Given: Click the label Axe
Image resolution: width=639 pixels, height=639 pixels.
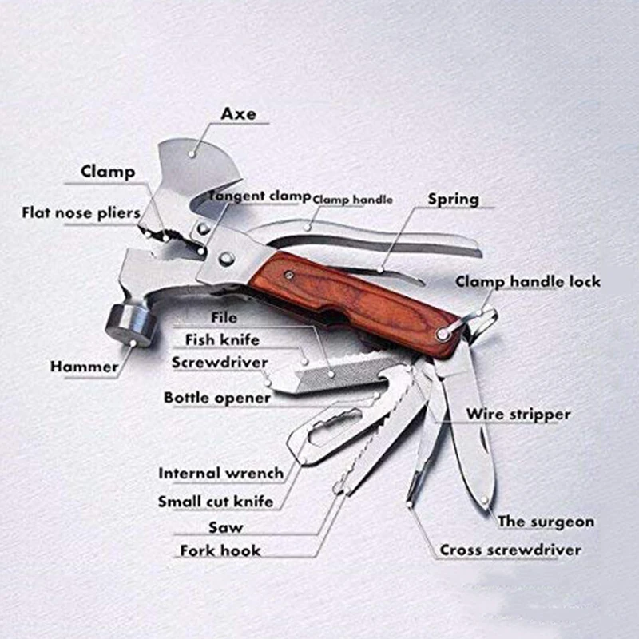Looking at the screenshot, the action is coord(238,113).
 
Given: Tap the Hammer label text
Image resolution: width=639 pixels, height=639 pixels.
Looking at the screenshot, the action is coord(84,367).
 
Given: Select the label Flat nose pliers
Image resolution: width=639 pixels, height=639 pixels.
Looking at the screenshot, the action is coord(81,212).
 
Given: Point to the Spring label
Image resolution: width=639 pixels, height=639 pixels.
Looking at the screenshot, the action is coord(453,200).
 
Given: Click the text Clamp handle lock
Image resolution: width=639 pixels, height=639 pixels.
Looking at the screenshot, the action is coord(528,282).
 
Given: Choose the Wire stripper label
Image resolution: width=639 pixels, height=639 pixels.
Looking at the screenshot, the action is coord(518,414).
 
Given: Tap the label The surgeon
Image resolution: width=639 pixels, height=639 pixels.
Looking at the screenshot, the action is coord(546,522).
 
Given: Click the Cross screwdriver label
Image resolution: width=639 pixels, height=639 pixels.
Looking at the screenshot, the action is coord(510,550).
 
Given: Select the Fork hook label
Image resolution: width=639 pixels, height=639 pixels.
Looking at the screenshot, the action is coord(220,550).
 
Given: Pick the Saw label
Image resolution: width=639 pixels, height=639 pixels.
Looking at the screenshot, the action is coord(226,527).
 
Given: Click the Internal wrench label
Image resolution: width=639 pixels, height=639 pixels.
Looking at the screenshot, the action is coord(221,473).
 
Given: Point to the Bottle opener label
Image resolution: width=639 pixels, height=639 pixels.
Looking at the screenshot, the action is coord(217,398).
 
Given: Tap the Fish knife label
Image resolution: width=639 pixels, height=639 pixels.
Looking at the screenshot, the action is coord(222,339).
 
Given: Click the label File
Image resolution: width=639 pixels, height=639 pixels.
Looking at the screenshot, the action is coord(224,317).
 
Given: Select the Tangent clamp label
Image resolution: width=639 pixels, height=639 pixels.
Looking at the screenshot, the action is coord(260,196).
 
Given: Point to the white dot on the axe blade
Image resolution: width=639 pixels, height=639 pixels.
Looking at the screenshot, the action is coord(192,154).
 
